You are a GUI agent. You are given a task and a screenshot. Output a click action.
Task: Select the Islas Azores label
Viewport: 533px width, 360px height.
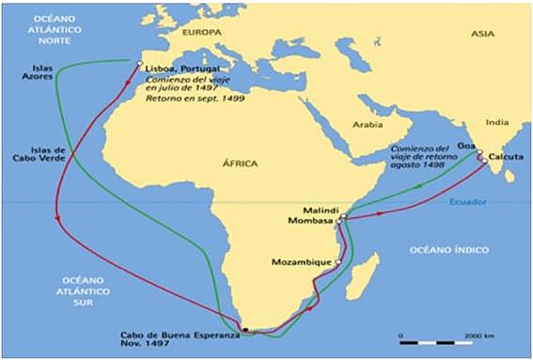click(x=31, y=72)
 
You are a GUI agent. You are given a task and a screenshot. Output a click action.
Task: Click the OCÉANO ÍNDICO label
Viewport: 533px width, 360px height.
click(x=450, y=249)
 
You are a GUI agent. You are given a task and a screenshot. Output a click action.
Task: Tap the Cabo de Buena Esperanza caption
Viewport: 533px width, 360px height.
click(x=180, y=339)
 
